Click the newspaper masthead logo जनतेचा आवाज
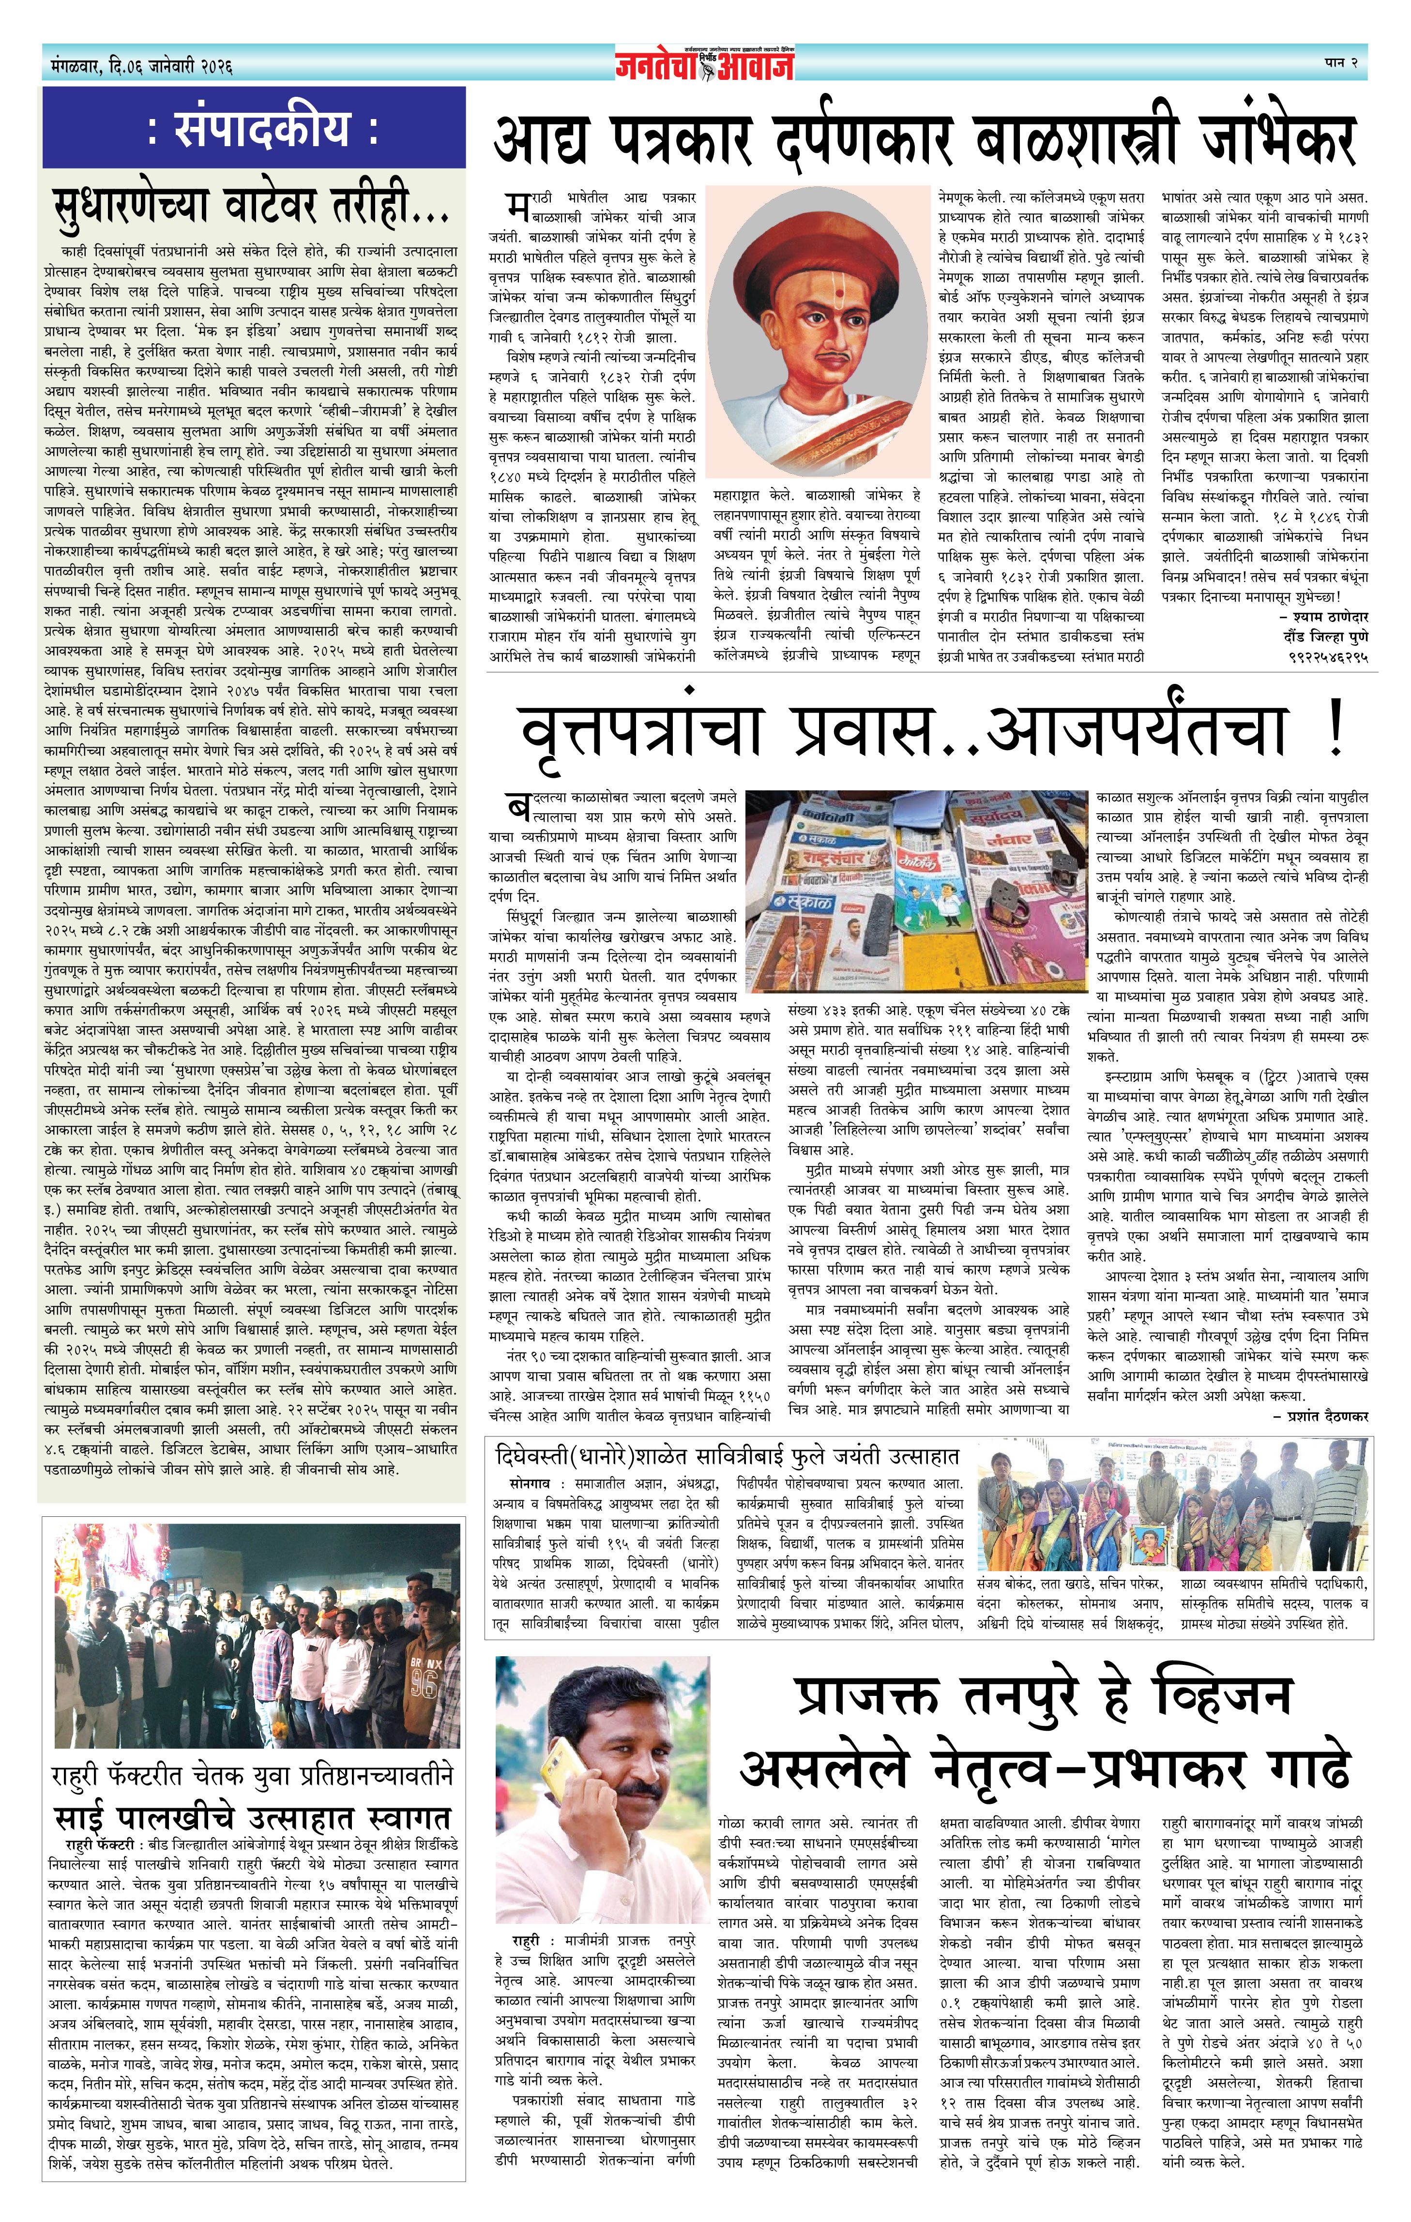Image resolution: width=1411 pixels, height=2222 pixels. tap(705, 64)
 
